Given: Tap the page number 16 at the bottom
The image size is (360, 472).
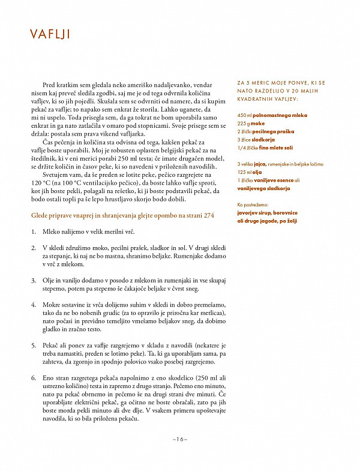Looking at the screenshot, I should coord(179,439).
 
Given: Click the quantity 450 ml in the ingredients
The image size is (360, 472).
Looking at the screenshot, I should coord(245,114).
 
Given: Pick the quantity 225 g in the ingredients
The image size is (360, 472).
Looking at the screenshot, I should coord(244,122).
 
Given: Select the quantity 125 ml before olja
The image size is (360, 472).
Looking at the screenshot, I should coord(245,172).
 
